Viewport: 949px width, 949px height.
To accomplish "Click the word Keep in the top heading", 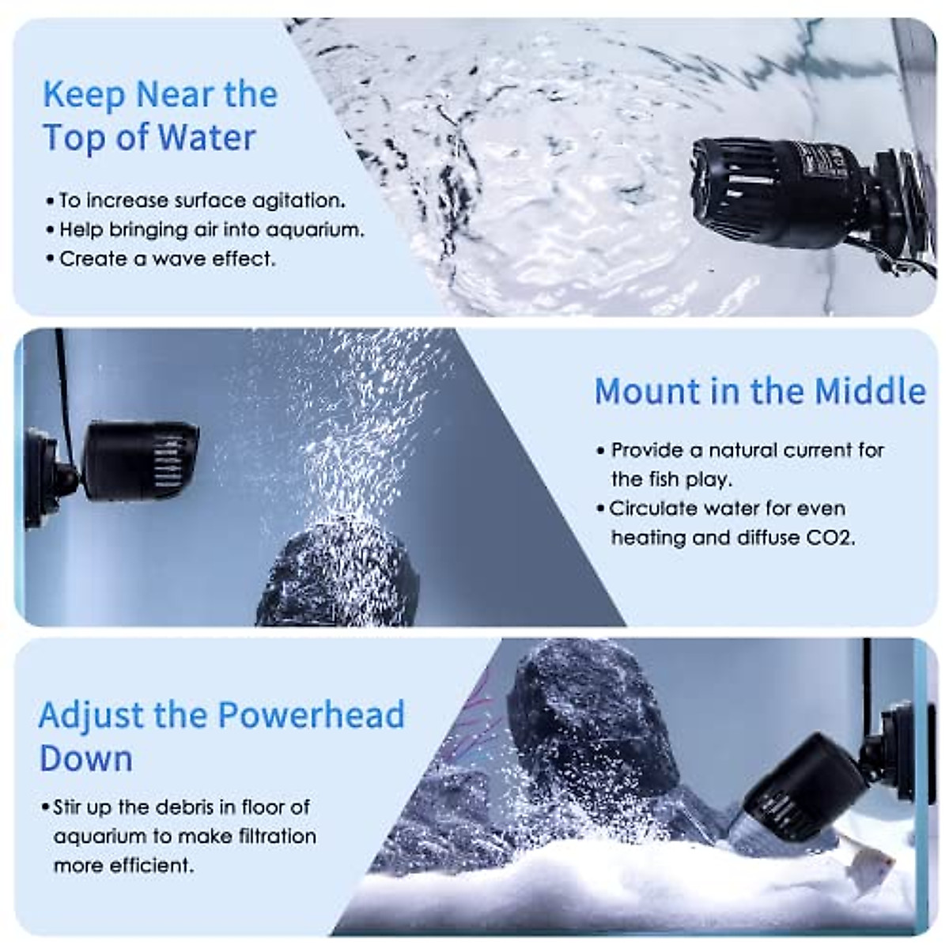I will click(x=84, y=95).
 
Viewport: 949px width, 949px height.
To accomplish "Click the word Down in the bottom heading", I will click(x=85, y=759).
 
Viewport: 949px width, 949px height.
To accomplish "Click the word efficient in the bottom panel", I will click(x=152, y=866).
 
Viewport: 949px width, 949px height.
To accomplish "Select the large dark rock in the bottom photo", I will click(x=585, y=720).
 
